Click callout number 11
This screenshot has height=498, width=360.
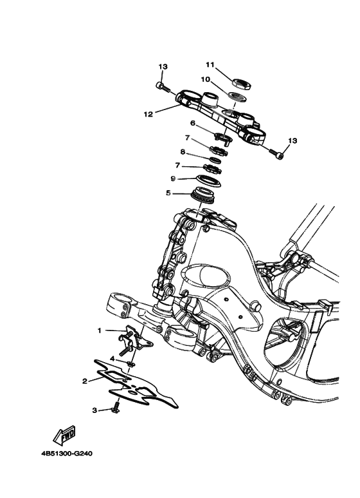pyautogui.click(x=209, y=64)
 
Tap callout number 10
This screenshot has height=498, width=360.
pyautogui.click(x=206, y=79)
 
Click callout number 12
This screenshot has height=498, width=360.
pyautogui.click(x=148, y=114)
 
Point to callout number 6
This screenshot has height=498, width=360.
pyautogui.click(x=192, y=122)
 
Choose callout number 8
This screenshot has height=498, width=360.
pyautogui.click(x=183, y=152)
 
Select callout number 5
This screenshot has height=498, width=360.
pyautogui.click(x=168, y=192)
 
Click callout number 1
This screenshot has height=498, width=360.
pyautogui.click(x=100, y=330)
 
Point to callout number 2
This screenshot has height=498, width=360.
pyautogui.click(x=84, y=381)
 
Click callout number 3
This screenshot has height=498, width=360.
pyautogui.click(x=94, y=410)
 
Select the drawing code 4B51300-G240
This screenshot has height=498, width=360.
pyautogui.click(x=67, y=453)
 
